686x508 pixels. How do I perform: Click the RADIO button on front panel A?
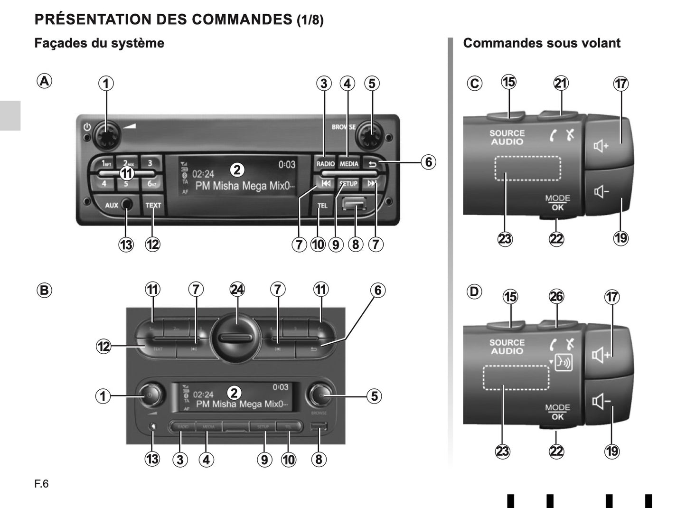[x=325, y=163]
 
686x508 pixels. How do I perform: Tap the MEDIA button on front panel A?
[x=349, y=163]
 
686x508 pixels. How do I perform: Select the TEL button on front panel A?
[x=322, y=206]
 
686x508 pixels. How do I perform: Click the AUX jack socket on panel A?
[x=127, y=205]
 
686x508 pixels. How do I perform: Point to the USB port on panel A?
[x=354, y=204]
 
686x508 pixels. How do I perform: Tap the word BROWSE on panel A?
[x=343, y=127]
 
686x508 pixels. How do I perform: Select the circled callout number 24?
[x=237, y=289]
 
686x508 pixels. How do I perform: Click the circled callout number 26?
[x=556, y=297]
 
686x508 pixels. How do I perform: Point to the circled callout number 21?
[x=561, y=83]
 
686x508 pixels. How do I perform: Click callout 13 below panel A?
[x=126, y=245]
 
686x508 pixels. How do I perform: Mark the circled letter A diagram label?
[x=44, y=81]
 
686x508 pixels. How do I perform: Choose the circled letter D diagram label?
[x=474, y=291]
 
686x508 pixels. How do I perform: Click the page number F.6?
[x=41, y=484]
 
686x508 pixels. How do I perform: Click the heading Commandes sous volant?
[x=541, y=43]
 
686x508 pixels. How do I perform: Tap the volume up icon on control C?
[x=601, y=146]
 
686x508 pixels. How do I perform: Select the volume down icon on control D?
[x=601, y=402]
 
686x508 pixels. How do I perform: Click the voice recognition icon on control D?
[x=564, y=363]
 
